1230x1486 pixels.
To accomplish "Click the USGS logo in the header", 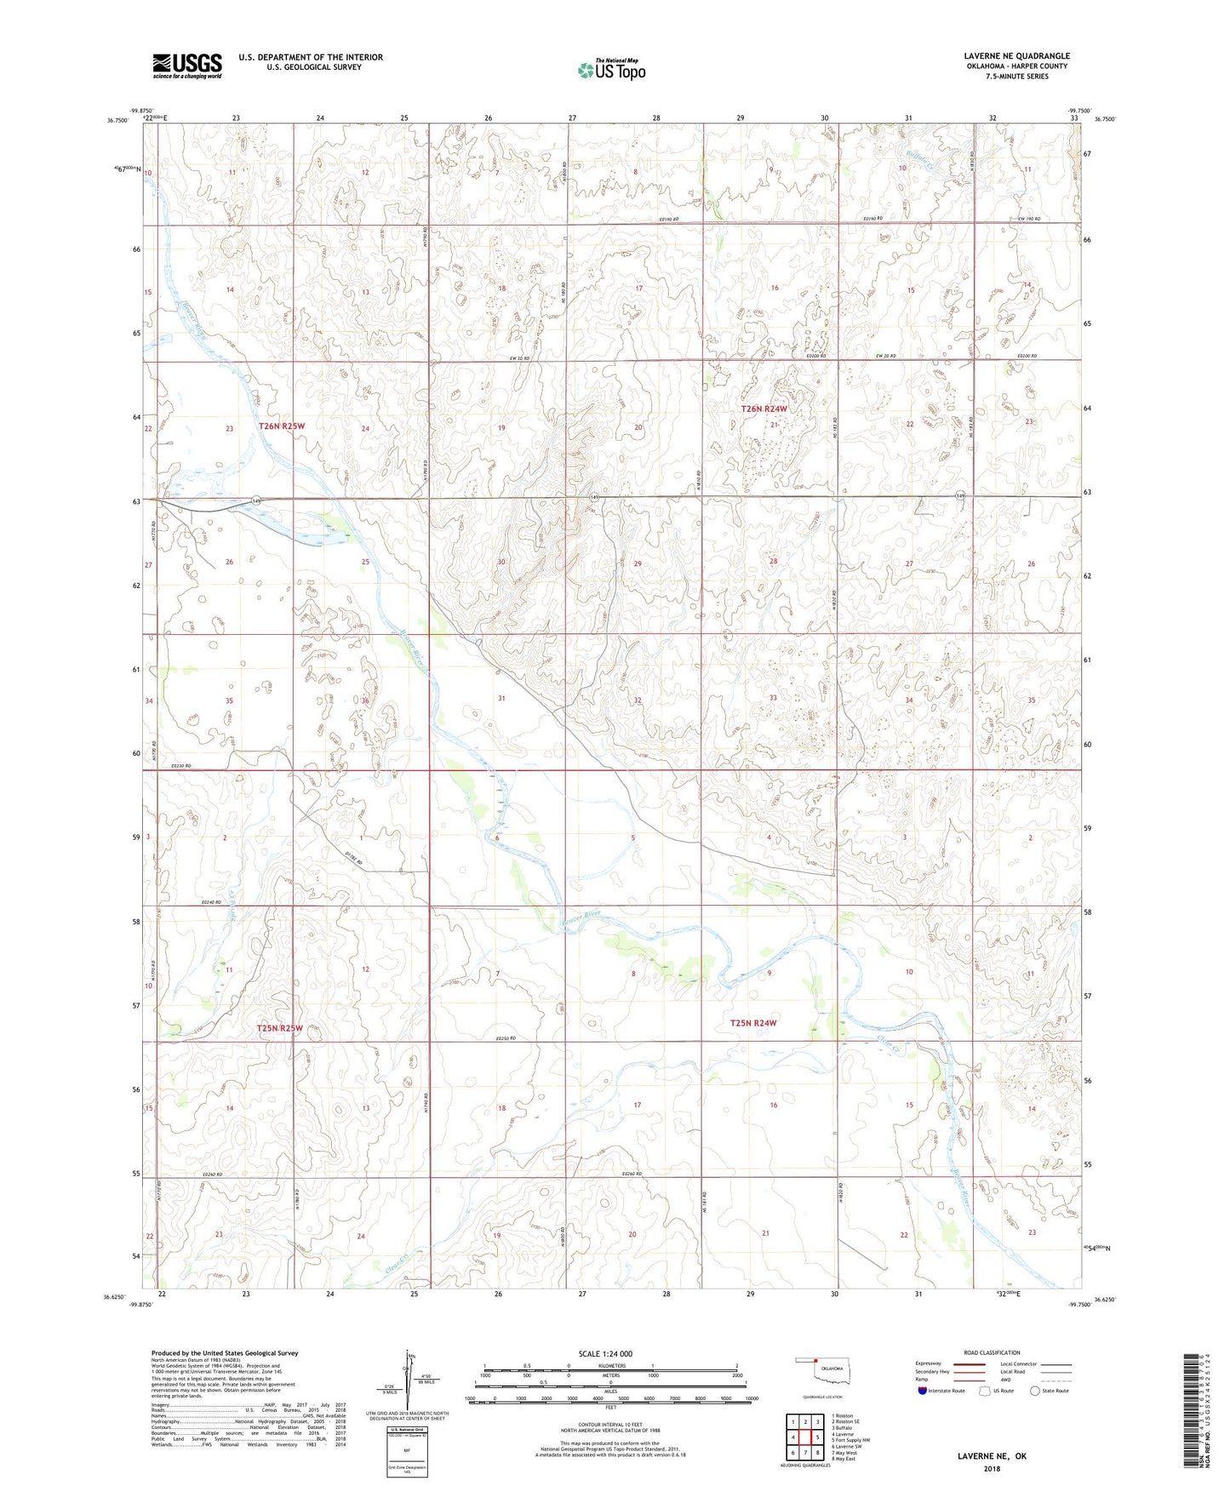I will coord(186,66).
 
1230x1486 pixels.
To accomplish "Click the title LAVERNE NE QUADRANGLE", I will coord(1005,56).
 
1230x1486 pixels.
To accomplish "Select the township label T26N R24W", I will coord(764,409).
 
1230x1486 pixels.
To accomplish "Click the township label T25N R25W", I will coord(280,1028).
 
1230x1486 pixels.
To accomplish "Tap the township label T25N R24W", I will coord(753,1023).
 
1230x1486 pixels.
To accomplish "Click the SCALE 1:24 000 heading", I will coord(605,1353).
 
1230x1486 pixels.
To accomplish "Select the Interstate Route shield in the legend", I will coord(923,1391).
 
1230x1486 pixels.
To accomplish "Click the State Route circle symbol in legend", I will coord(1035,1391).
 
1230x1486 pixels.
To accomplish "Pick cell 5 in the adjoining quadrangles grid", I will coord(804,1437).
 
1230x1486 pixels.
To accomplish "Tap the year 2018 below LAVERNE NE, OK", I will coord(992,1468).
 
